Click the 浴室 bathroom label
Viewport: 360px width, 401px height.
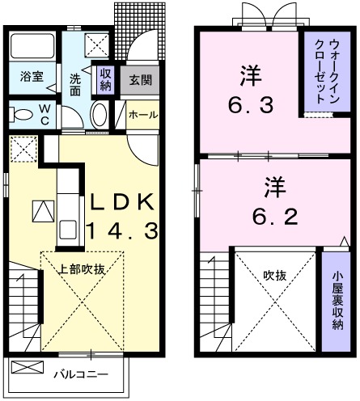pyautogui.click(x=32, y=78)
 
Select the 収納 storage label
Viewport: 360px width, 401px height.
pyautogui.click(x=105, y=78)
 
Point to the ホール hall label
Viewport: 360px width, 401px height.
pyautogui.click(x=142, y=114)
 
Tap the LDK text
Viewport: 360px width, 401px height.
pyautogui.click(x=121, y=201)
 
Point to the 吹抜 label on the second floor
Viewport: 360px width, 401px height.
pyautogui.click(x=274, y=275)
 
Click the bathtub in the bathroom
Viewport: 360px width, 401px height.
pyautogui.click(x=32, y=48)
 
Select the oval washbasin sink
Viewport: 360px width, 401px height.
pyautogui.click(x=99, y=114)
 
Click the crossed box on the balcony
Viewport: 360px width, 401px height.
pyautogui.click(x=28, y=368)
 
